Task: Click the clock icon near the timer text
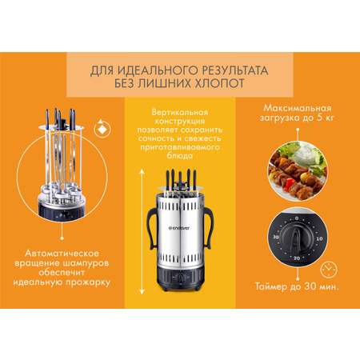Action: pos(329,270)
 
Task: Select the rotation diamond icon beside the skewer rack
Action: pos(102,129)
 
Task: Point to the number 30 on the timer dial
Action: pos(275,237)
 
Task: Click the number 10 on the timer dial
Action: pos(319,238)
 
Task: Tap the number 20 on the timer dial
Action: pos(297,258)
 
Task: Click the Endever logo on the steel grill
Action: pos(179,228)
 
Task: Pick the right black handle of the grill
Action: pos(208,227)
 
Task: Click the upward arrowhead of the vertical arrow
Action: pos(142,171)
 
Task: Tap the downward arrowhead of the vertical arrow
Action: pos(142,291)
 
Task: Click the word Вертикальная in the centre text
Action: pos(180,112)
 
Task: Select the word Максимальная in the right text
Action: pos(298,108)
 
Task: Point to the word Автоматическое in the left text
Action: pos(62,253)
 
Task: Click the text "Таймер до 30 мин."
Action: pos(298,286)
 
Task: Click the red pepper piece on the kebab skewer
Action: pos(289,184)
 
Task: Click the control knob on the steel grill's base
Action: pos(180,278)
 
